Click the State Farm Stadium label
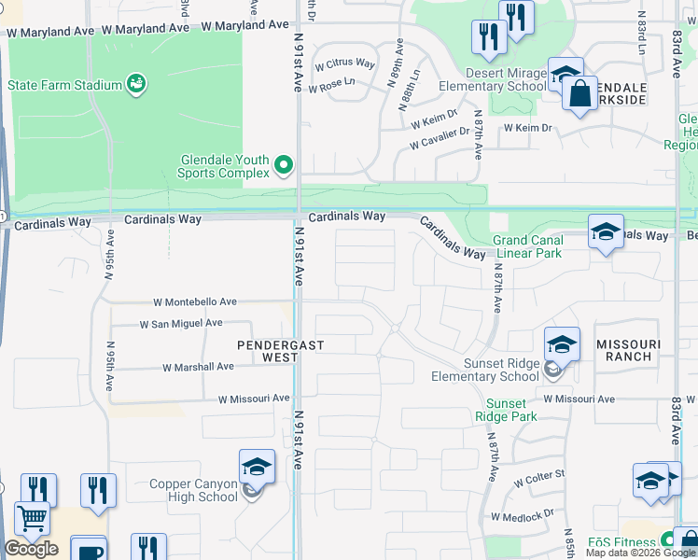coord(65,85)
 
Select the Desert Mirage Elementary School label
coord(507,80)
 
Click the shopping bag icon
coord(579,94)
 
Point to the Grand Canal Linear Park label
coord(527,246)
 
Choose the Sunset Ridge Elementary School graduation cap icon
coord(562,345)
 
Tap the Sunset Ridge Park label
coord(506,410)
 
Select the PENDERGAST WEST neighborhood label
coord(280,351)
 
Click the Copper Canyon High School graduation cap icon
coord(257,467)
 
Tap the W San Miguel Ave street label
coord(180,324)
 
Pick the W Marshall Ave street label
coord(198,367)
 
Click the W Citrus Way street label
coord(344,64)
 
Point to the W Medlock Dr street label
coord(523,513)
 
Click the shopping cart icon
coord(33,518)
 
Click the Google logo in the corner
coord(30,549)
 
